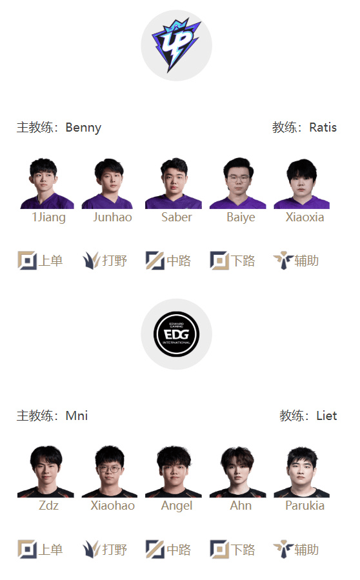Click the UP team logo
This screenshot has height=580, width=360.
(176, 45)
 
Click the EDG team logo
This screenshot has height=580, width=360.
(177, 334)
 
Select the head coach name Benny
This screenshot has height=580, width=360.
(83, 128)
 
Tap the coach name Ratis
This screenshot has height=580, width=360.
(323, 128)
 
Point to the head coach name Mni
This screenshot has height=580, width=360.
(77, 415)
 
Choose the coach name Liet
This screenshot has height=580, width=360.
(326, 415)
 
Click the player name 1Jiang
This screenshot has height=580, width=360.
(49, 217)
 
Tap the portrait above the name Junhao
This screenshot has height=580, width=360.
(108, 183)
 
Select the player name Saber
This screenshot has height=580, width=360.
(177, 217)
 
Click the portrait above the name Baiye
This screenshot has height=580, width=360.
(238, 183)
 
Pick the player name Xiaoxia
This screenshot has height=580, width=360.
(305, 217)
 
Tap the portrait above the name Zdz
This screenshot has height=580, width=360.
(46, 472)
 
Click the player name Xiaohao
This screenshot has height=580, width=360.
(112, 506)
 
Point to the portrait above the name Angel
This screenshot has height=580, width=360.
(174, 472)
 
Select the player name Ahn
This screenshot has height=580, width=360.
(241, 506)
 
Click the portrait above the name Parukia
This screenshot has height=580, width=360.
(301, 472)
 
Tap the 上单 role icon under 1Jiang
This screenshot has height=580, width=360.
(27, 261)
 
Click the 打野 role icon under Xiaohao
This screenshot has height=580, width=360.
(91, 549)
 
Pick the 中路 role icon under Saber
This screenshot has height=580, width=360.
(155, 261)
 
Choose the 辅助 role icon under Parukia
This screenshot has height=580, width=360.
(283, 549)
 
